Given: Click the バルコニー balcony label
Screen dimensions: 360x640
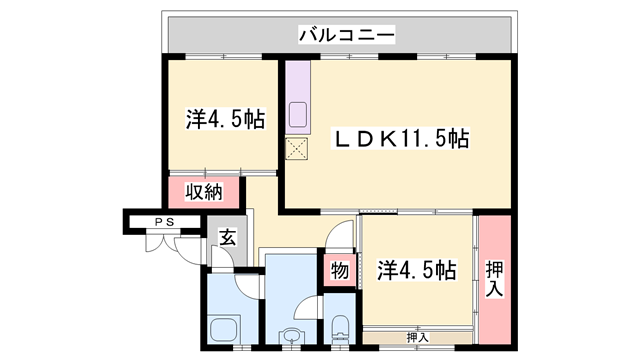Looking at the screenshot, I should [x=346, y=36].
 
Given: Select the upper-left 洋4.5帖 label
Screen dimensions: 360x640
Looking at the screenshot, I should [x=225, y=119].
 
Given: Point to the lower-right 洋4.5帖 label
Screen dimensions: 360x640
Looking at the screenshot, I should [x=417, y=269].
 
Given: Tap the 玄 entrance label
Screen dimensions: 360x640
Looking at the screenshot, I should [x=228, y=238].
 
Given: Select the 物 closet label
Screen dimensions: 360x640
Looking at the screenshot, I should [x=339, y=269].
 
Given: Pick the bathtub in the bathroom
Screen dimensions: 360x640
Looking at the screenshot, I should [x=225, y=328].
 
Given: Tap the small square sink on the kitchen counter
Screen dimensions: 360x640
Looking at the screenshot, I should [x=298, y=109].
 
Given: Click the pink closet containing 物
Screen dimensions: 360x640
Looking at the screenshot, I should [x=339, y=269].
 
